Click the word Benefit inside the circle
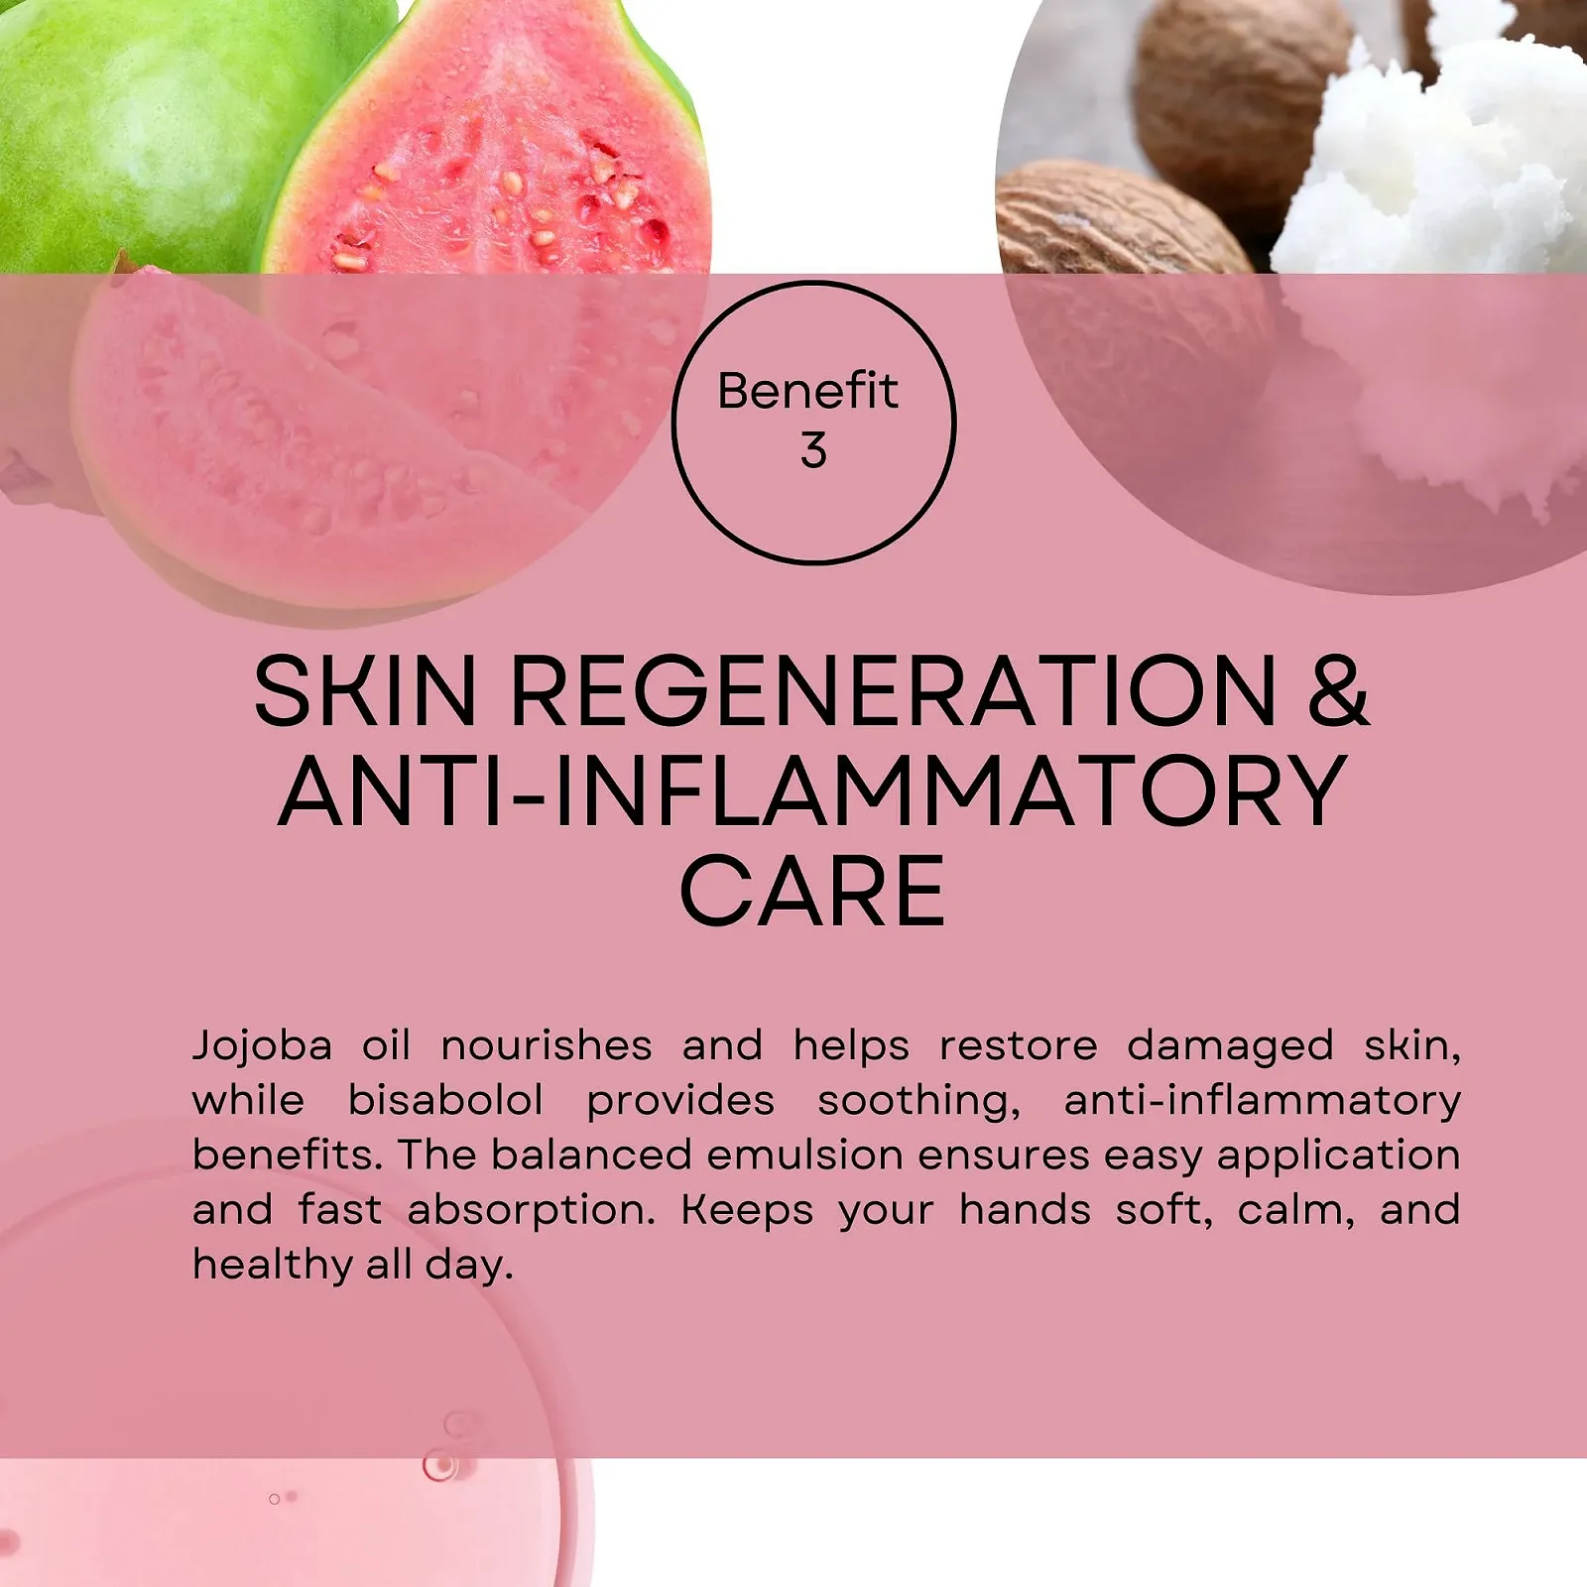click(807, 391)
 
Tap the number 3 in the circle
click(813, 450)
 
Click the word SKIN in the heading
click(365, 690)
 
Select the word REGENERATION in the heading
click(894, 690)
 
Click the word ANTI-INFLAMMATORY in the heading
click(813, 791)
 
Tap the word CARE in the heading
click(812, 892)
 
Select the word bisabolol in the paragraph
click(445, 1100)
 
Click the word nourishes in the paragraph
click(547, 1045)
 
